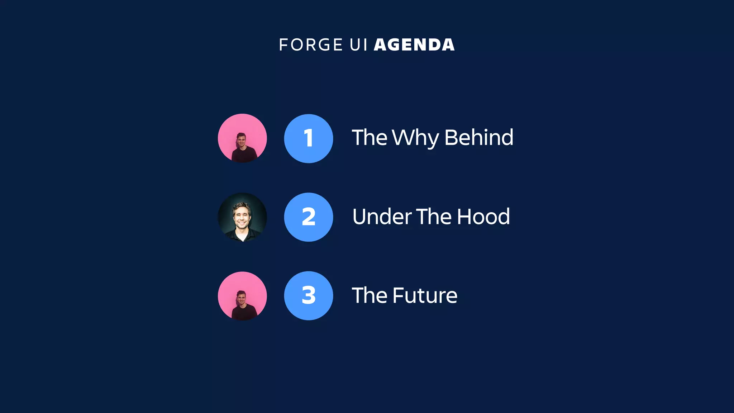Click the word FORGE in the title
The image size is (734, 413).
click(310, 45)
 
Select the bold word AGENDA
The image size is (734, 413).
click(414, 45)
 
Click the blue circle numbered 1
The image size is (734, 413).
click(309, 138)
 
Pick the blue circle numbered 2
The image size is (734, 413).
click(309, 217)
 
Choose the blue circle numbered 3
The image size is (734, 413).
click(309, 296)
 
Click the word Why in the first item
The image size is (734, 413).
click(415, 138)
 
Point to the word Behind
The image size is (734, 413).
click(479, 137)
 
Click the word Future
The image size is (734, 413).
click(425, 296)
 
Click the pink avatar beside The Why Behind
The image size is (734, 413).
click(242, 138)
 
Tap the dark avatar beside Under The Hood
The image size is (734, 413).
click(242, 217)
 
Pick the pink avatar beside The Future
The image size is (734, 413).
click(242, 296)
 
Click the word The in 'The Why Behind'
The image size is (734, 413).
click(370, 137)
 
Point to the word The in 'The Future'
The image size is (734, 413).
click(370, 296)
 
